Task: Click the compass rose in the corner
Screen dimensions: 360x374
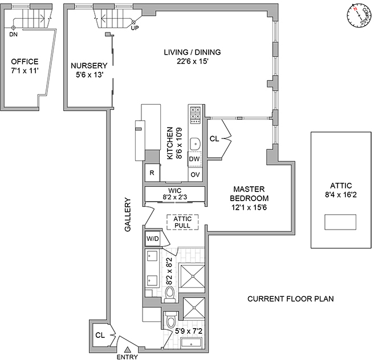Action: point(357,15)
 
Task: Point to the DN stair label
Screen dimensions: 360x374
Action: point(13,35)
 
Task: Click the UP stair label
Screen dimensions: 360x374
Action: point(135,27)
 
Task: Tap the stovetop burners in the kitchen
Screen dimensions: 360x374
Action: point(195,113)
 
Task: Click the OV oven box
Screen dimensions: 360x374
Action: point(195,174)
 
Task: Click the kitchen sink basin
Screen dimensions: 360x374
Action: point(195,143)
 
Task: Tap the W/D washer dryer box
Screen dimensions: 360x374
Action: point(152,239)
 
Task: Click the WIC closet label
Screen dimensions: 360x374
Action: point(174,191)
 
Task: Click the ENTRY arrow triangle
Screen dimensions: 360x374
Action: point(128,350)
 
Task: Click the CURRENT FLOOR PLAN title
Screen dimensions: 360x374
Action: point(290,298)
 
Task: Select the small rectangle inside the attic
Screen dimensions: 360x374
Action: point(340,221)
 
